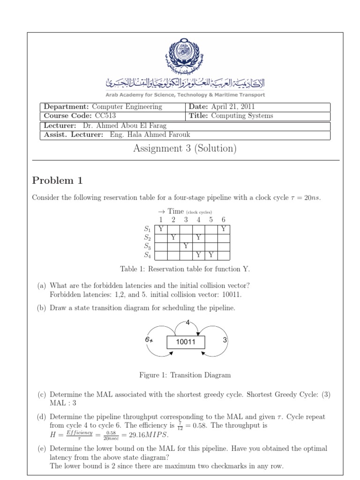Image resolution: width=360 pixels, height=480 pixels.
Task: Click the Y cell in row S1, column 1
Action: [x=161, y=229]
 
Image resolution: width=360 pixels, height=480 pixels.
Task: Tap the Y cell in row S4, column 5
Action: [x=211, y=255]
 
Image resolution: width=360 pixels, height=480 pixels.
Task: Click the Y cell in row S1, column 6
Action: [x=224, y=229]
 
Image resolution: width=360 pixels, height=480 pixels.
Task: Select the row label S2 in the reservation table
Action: [x=147, y=238]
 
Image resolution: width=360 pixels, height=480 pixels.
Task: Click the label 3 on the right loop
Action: [x=225, y=340]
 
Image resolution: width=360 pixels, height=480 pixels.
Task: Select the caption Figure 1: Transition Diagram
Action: [x=185, y=375]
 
